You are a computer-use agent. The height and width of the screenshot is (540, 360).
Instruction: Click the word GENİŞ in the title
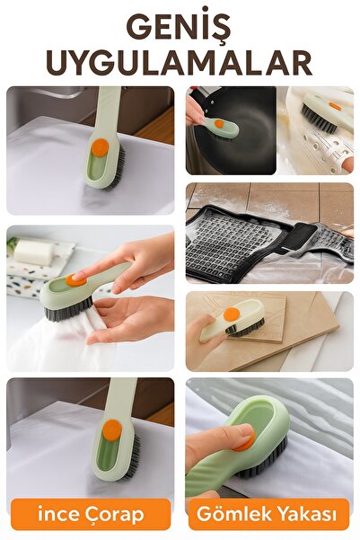pos(180,26)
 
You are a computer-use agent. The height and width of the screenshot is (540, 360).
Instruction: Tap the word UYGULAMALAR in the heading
pos(180,62)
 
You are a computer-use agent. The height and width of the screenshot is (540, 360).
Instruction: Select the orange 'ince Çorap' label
pos(90,515)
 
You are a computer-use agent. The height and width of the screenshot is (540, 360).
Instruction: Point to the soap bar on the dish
pos(34,252)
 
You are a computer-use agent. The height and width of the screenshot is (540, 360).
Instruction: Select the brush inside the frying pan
pos(220,127)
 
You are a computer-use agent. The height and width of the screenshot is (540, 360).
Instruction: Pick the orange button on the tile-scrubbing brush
pos(233,314)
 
